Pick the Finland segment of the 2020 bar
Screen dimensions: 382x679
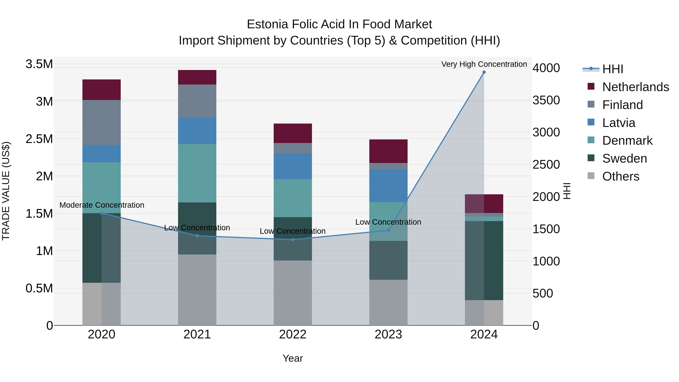(101, 122)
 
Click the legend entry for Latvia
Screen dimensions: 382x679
(619, 123)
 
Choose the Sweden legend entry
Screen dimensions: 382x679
(624, 158)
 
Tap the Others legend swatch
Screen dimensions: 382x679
(591, 176)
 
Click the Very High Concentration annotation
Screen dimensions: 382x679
(484, 64)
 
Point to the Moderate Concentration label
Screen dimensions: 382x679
(102, 205)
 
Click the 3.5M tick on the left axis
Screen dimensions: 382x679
(39, 64)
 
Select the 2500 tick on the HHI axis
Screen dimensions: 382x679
(546, 165)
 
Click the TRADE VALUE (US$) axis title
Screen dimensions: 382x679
(6, 191)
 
